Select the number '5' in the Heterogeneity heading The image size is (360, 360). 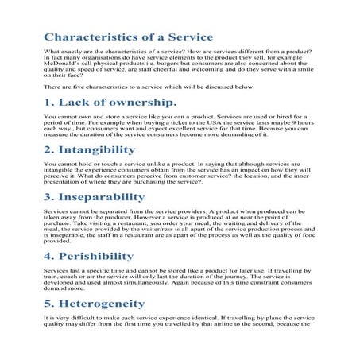[47, 304]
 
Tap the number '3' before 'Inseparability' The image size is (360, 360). [47, 197]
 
